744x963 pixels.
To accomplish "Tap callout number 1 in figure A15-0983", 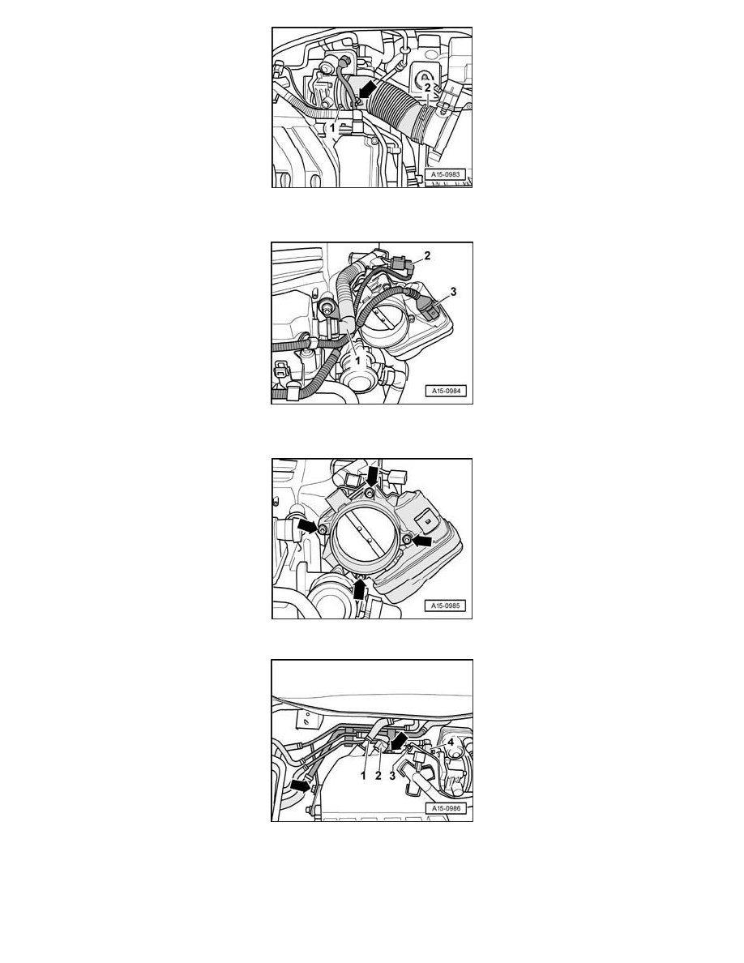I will [332, 128].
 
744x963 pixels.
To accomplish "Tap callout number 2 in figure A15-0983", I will [428, 88].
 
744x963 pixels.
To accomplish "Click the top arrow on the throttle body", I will [374, 473].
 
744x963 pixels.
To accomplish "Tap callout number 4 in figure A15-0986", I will [450, 741].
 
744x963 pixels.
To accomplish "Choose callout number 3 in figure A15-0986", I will [393, 776].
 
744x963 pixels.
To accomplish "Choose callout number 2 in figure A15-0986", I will [378, 776].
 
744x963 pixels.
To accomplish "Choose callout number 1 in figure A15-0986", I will [364, 776].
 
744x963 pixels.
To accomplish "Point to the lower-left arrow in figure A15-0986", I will [300, 785].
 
